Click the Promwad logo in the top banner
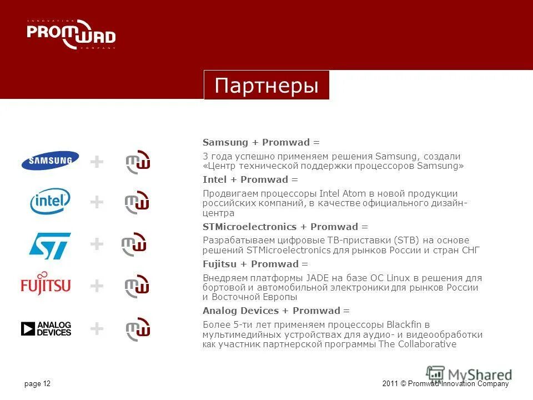[x=71, y=34]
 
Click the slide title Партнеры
[x=266, y=86]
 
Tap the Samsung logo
[x=50, y=161]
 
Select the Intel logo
[x=50, y=201]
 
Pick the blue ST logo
[x=50, y=244]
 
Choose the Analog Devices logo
[x=46, y=329]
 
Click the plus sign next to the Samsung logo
[x=97, y=162]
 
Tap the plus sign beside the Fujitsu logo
[x=97, y=286]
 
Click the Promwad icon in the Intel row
[x=137, y=202]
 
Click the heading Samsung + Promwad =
[x=253, y=143]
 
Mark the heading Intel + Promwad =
[x=250, y=179]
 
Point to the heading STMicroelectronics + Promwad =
[x=285, y=227]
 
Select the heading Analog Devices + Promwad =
[x=276, y=311]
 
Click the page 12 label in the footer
[x=38, y=384]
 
